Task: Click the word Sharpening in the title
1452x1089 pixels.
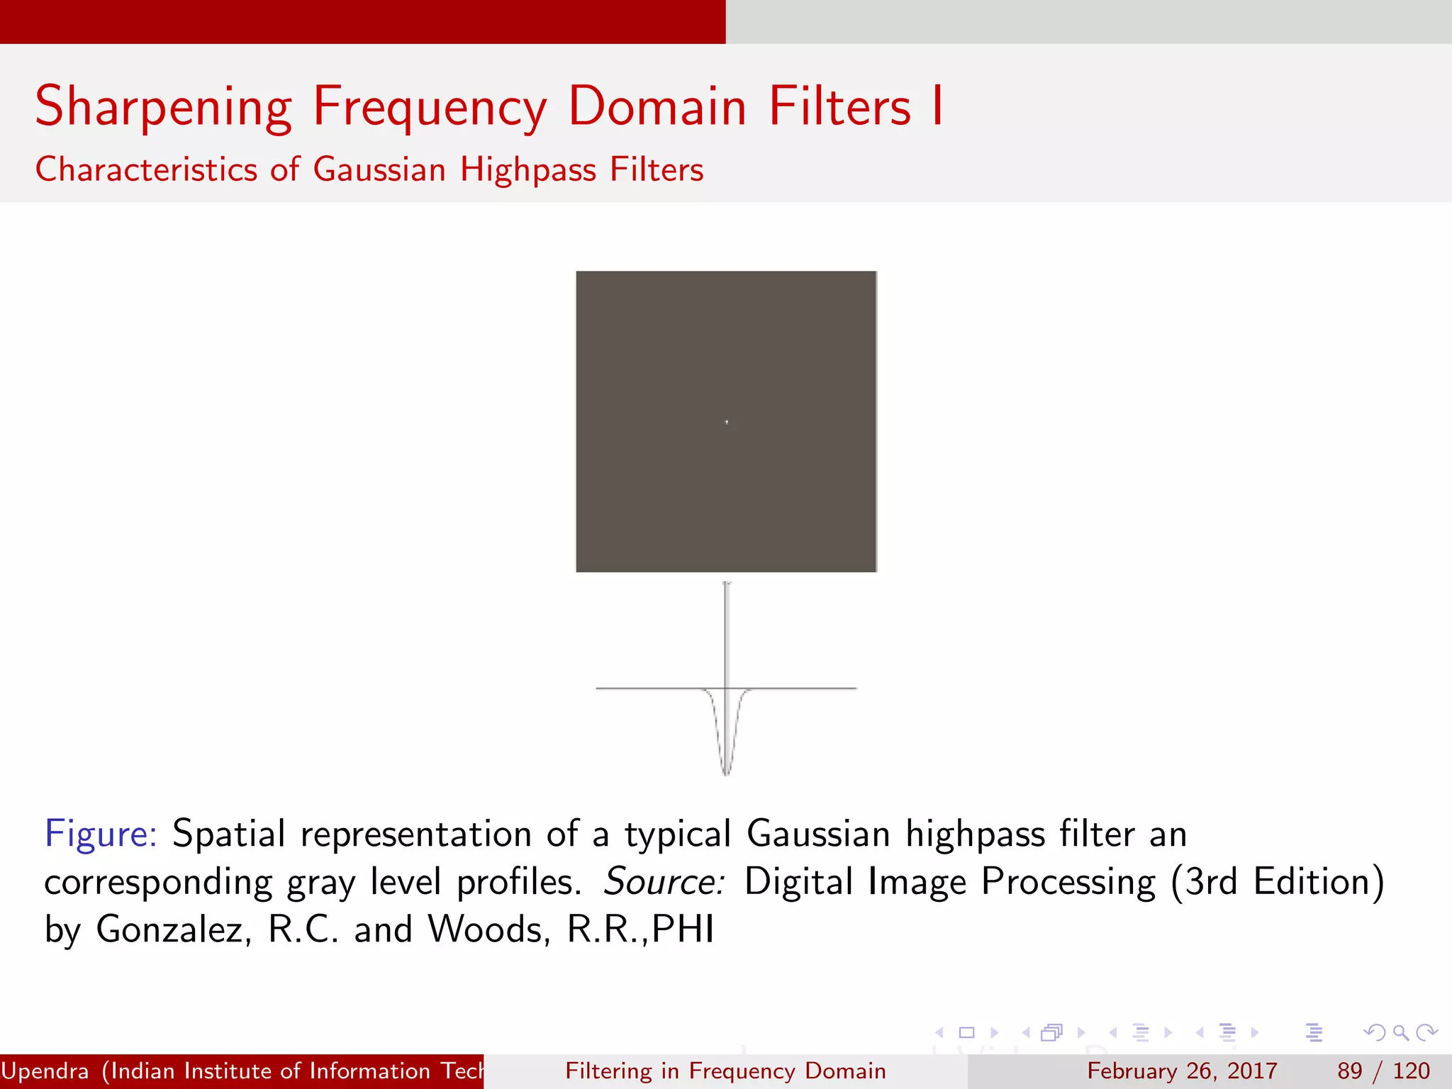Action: click(x=164, y=107)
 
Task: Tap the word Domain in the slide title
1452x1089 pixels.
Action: click(x=657, y=107)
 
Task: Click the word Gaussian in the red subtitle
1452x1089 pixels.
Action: click(x=379, y=169)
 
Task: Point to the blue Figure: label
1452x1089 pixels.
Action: click(x=100, y=833)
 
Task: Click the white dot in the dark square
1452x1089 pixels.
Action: click(x=726, y=422)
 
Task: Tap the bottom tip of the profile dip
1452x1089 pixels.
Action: click(x=726, y=774)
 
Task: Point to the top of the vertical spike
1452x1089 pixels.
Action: click(x=727, y=584)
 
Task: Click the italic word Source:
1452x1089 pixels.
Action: click(x=664, y=881)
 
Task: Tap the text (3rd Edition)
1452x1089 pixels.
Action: click(x=1277, y=881)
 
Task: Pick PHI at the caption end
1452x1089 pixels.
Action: click(x=682, y=929)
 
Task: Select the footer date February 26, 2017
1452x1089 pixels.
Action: click(x=1182, y=1071)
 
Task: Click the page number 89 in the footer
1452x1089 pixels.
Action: click(x=1350, y=1071)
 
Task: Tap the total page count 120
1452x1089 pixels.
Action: click(x=1411, y=1071)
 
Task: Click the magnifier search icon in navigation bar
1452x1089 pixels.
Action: click(x=1400, y=1032)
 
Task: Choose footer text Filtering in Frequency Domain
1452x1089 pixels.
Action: click(x=725, y=1071)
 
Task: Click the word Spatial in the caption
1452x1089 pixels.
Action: click(x=229, y=833)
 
